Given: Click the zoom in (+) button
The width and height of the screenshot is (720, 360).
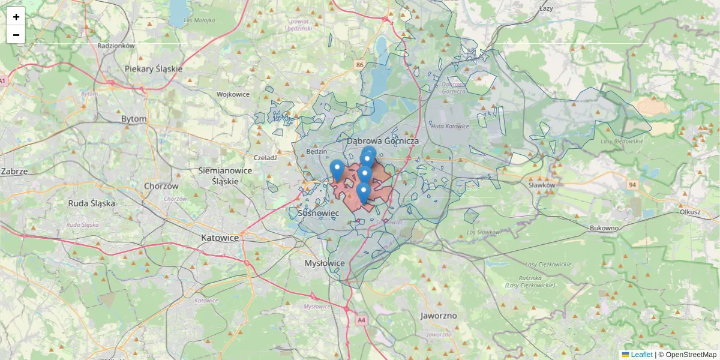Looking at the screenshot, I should coord(16,17).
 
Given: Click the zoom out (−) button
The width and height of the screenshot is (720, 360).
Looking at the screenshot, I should coord(16,35).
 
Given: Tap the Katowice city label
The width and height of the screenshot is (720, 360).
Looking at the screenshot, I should coord(220,238).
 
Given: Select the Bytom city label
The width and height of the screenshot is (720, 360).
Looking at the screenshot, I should coord(134,119).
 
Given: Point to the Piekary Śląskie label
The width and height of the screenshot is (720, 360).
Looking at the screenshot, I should coord(154,68).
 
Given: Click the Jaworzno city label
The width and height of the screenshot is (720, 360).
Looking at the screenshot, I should coord(439,316).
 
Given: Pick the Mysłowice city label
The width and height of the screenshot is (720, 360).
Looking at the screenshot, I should coord(325,263).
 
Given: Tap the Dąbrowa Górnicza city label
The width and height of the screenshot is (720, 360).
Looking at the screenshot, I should coord(382,140).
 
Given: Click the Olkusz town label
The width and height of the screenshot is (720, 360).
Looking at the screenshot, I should coord(690,212).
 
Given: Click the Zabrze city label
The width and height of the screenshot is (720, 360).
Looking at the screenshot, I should coord(14,171).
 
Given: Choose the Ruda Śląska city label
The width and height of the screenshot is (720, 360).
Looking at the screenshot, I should coord(91,203).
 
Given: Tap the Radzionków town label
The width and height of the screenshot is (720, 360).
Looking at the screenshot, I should coord(116,45).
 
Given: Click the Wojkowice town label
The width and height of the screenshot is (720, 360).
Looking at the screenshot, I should coord(233,94).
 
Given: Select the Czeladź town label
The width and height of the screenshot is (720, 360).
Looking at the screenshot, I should coord(265,158).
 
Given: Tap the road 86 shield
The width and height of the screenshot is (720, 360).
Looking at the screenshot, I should coord(359,65).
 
